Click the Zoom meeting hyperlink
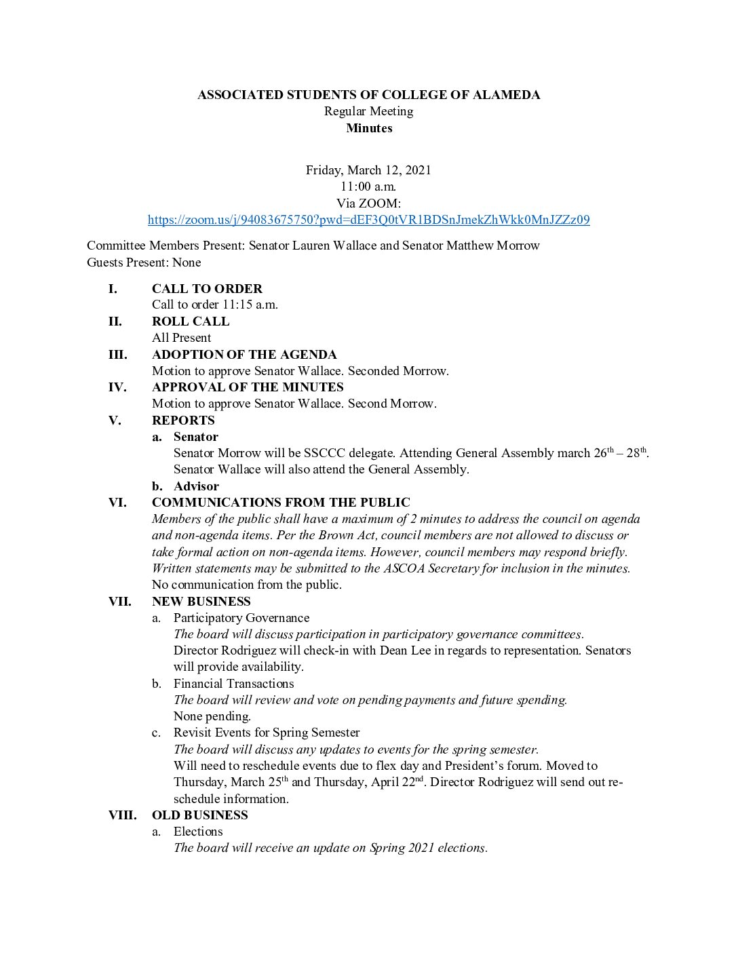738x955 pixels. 368,220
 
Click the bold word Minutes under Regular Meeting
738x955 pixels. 369,128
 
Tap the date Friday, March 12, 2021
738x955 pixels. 368,170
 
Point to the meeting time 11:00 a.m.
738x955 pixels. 368,187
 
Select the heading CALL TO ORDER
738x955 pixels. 207,289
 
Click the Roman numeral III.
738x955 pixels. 118,355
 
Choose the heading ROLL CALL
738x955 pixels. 191,321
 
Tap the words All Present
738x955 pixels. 181,338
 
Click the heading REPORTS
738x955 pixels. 183,421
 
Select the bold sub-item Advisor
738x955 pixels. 196,486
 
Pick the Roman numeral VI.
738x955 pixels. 117,503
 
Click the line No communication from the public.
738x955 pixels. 247,585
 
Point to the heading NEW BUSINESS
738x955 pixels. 201,602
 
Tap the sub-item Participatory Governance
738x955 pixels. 241,618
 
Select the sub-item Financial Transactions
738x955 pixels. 233,684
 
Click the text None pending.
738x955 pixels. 212,716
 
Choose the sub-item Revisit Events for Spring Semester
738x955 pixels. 267,733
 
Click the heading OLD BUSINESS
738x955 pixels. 200,815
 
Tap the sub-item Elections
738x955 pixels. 198,832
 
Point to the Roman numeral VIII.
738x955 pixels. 122,815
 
